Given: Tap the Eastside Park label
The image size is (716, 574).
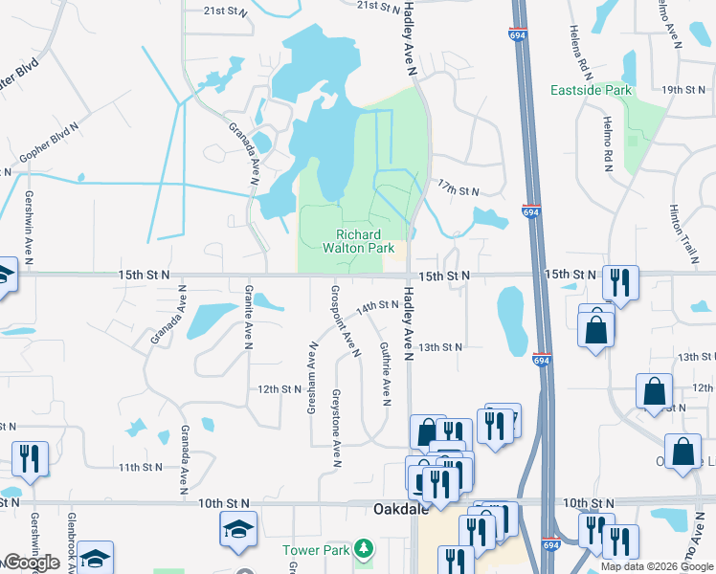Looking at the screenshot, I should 592,90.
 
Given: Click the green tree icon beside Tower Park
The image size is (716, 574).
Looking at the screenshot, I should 363,549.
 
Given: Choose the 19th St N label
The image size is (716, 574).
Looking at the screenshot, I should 686,89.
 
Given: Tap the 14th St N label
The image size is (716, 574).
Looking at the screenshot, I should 377,306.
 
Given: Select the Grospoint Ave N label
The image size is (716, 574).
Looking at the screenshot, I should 342,319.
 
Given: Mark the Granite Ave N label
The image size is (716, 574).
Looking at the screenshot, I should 248,315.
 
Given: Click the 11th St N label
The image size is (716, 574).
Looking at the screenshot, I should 142,467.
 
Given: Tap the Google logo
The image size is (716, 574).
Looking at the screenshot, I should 32,563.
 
